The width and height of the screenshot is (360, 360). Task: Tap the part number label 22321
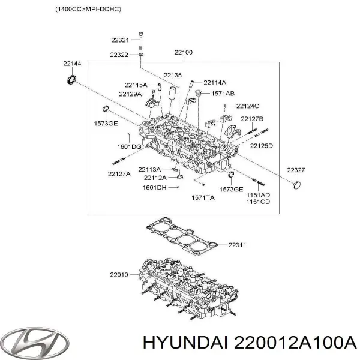click(x=120, y=40)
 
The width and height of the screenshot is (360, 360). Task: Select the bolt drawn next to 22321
click(x=140, y=41)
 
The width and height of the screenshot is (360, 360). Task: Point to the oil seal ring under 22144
click(x=72, y=79)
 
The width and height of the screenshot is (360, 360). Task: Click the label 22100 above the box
click(x=184, y=52)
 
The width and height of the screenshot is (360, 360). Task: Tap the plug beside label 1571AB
click(x=198, y=93)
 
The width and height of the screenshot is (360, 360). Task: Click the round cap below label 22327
click(x=297, y=185)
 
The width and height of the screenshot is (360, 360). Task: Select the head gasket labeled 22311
click(x=182, y=237)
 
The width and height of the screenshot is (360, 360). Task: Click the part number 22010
click(x=119, y=275)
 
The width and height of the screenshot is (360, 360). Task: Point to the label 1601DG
click(x=129, y=146)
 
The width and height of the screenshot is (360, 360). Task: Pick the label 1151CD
click(x=258, y=202)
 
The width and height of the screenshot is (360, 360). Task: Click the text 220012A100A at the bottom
click(x=295, y=343)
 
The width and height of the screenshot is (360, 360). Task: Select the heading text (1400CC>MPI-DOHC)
click(x=88, y=9)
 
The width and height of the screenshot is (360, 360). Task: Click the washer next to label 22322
click(x=141, y=55)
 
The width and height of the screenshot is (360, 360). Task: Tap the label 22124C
click(x=247, y=106)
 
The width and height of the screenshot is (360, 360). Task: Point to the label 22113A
click(x=149, y=169)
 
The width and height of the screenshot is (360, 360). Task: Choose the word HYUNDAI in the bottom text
click(x=185, y=343)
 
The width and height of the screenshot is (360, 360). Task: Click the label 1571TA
click(x=203, y=197)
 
